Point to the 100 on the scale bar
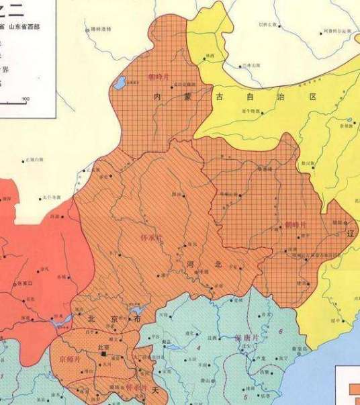(26, 100)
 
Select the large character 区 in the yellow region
(312, 97)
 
